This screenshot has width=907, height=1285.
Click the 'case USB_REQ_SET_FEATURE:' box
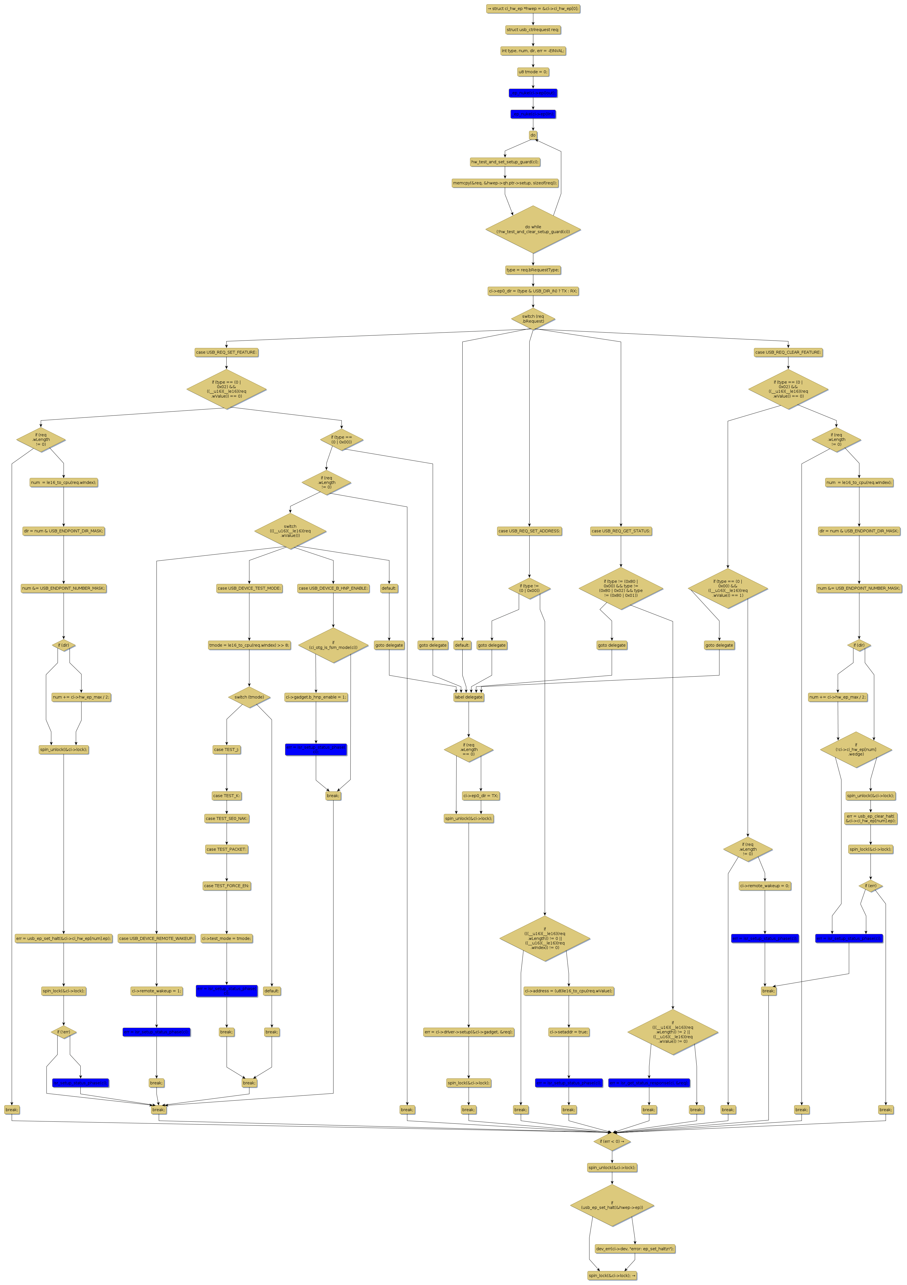click(x=226, y=353)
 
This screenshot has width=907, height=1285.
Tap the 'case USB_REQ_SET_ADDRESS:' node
click(x=529, y=531)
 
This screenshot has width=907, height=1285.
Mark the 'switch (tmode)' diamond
click(x=249, y=697)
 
